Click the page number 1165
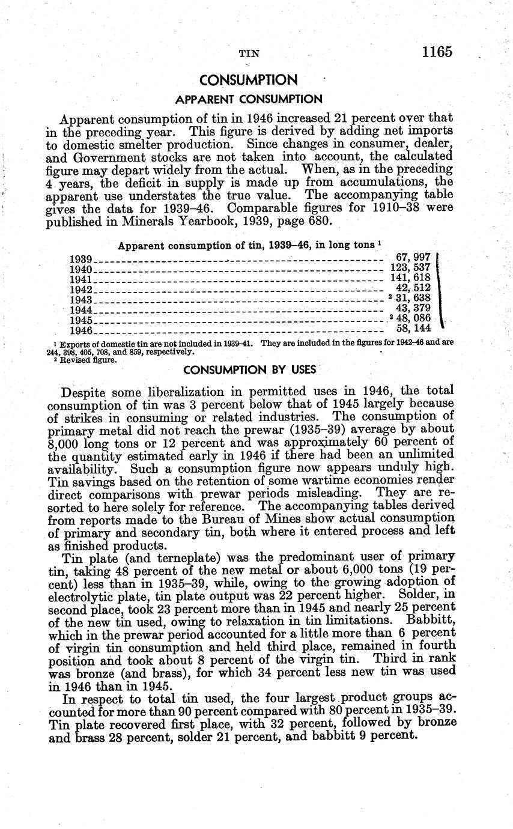pos(436,52)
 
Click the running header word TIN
pos(249,53)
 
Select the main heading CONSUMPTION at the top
pos(248,80)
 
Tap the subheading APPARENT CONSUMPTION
pos(248,99)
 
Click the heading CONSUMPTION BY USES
pos(249,369)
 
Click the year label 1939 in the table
pos(80,259)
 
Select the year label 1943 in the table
pos(80,300)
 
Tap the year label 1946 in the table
pos(80,330)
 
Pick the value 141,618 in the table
pos(411,278)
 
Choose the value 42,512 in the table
pos(414,288)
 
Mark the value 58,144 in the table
pos(414,329)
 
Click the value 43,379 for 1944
pos(414,309)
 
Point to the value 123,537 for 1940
pos(411,268)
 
